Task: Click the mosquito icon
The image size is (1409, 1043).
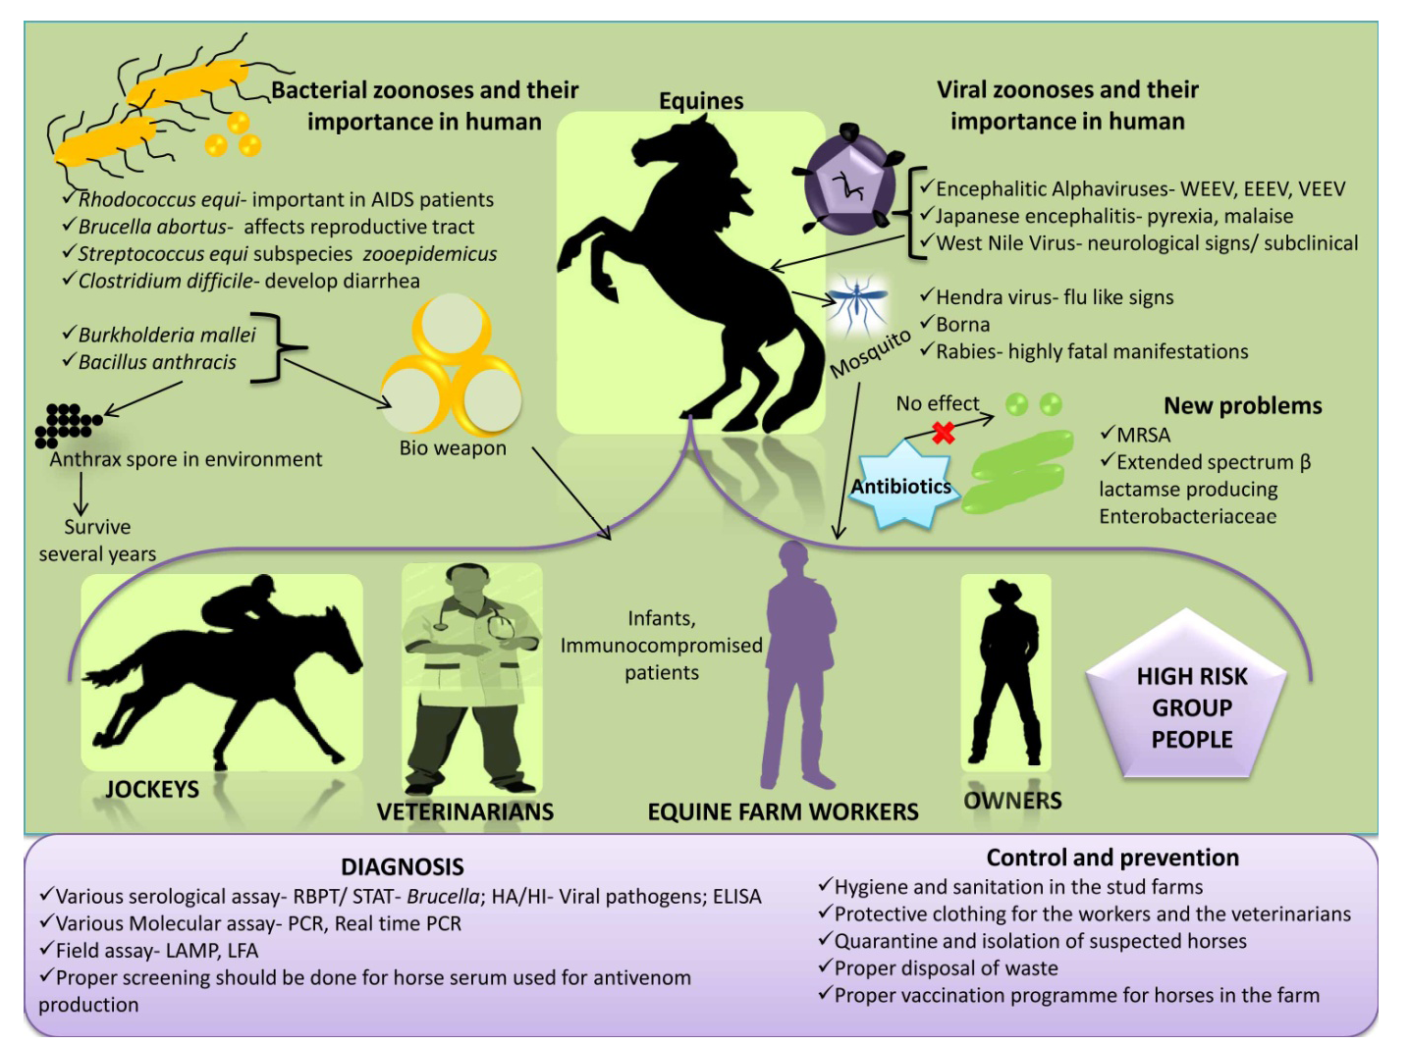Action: coord(857,303)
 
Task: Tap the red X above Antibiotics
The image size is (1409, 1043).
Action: coord(944,432)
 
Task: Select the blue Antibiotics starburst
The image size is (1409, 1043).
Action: coord(901,485)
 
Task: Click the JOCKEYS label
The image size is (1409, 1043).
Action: coord(152,790)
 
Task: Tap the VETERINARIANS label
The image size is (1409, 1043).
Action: coord(465,811)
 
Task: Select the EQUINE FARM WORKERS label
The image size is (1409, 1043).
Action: coord(783,811)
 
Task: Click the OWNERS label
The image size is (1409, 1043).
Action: coord(1012,801)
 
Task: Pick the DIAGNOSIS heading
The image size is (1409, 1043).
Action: coord(403,866)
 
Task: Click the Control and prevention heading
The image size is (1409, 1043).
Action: coord(1112,858)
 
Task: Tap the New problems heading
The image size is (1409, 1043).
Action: coord(1242,405)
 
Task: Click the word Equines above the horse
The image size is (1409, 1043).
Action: coord(701,101)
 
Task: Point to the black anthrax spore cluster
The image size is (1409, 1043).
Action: coord(67,425)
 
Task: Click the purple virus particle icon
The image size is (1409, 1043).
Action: coord(849,183)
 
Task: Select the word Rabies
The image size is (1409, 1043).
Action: coord(963,351)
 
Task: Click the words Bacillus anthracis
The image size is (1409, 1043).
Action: coord(157,362)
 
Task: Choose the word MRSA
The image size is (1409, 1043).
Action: coord(1144,435)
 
